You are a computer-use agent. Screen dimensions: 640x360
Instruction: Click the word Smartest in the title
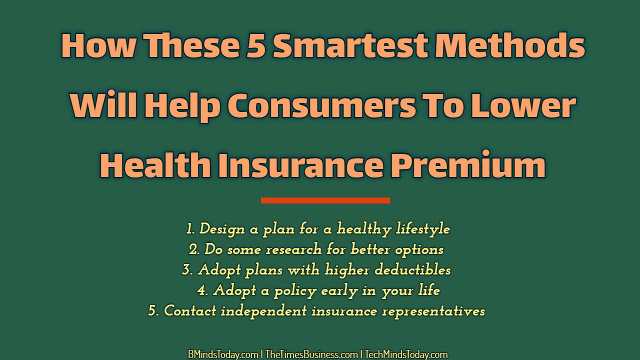(350, 45)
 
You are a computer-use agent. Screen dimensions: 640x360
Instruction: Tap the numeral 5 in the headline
(256, 45)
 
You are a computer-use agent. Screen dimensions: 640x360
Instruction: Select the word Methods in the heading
(509, 45)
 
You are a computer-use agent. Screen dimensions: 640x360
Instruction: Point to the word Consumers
(321, 105)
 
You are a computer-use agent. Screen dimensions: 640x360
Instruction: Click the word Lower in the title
(523, 105)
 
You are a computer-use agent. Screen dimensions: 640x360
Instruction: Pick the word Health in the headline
(155, 164)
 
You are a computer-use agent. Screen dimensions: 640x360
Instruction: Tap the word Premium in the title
(468, 164)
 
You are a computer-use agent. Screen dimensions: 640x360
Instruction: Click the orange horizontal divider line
(325, 200)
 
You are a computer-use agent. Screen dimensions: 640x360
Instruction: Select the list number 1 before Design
(190, 229)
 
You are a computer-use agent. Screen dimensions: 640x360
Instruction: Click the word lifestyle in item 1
(423, 229)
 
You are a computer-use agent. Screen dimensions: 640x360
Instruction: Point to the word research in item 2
(293, 249)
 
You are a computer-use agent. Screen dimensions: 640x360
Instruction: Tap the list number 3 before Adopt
(187, 270)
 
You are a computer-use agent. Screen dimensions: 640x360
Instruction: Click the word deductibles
(412, 269)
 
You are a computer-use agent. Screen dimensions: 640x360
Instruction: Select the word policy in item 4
(295, 291)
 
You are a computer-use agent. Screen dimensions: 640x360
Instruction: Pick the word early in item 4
(339, 291)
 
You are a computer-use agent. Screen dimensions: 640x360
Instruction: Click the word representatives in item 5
(433, 311)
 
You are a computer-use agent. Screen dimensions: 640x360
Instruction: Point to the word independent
(263, 311)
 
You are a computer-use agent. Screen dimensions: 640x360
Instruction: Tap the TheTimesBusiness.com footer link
(311, 354)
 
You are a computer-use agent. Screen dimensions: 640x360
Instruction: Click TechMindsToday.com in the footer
(406, 354)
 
